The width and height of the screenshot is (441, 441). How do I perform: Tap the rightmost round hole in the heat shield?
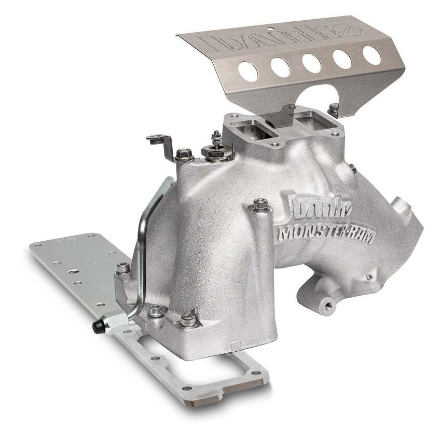click(x=371, y=55)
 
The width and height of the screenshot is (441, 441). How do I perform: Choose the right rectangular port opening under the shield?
click(x=310, y=120)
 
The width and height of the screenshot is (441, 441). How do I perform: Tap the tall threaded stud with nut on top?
click(x=214, y=144)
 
